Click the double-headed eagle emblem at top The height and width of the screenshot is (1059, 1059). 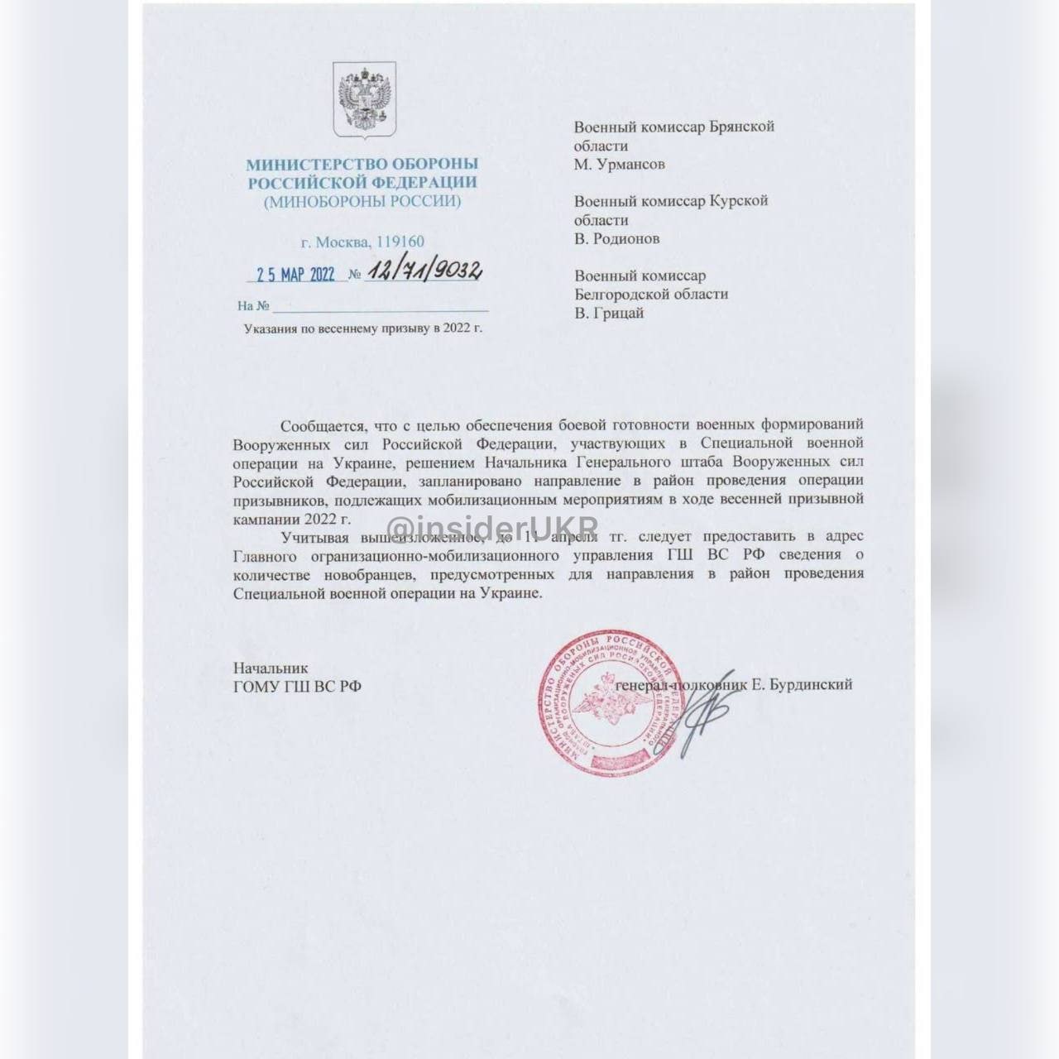(x=364, y=99)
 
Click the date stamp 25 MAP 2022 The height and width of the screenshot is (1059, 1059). (x=295, y=274)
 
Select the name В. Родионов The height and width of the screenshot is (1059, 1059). (x=616, y=238)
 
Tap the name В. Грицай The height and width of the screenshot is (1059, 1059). (x=608, y=313)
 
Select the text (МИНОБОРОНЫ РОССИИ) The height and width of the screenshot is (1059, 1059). (x=362, y=201)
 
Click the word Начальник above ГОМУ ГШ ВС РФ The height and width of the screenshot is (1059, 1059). (x=271, y=668)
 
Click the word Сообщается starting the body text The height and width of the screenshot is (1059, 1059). (x=322, y=425)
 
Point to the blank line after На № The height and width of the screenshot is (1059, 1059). (x=381, y=307)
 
